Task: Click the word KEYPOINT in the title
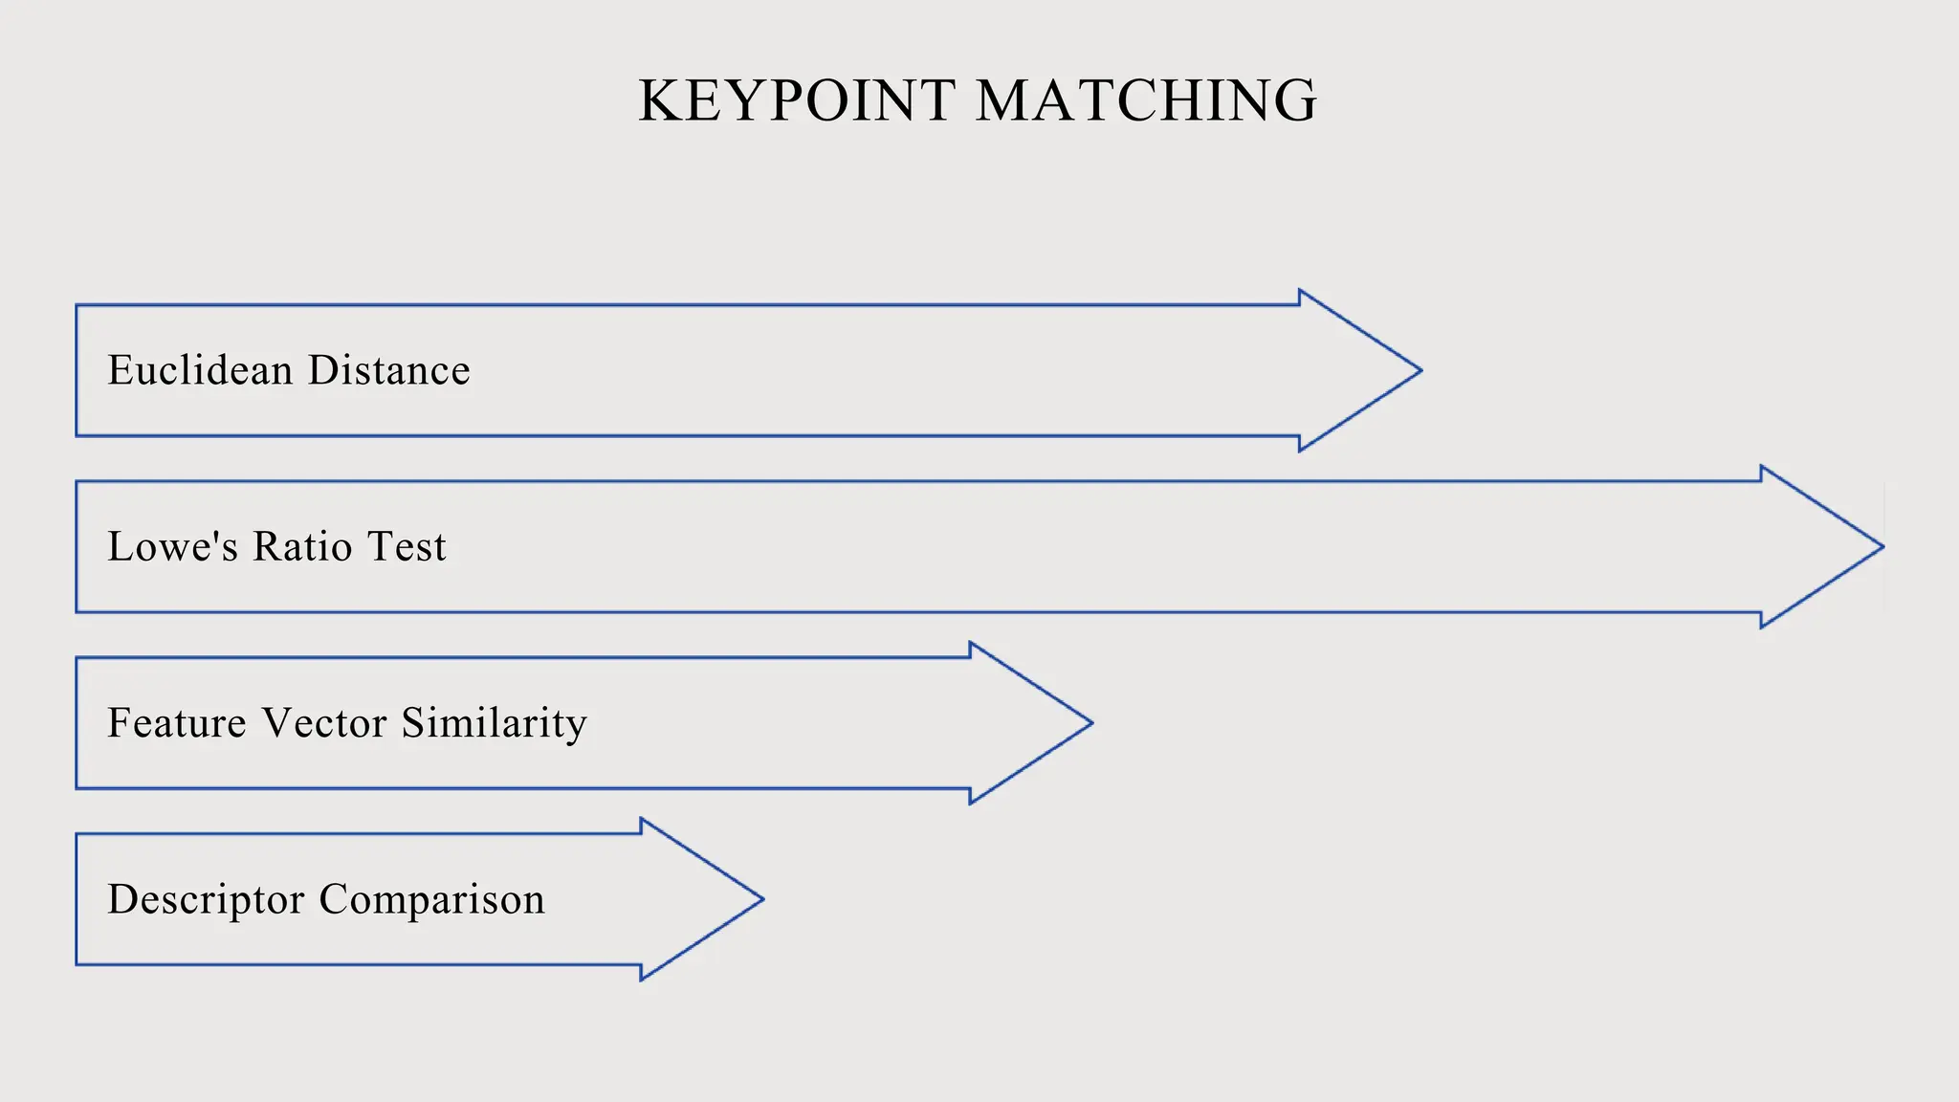(797, 100)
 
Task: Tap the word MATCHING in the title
(1146, 100)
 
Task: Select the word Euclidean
(200, 370)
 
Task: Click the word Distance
(389, 370)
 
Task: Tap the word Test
(407, 546)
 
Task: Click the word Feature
(177, 722)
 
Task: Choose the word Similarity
(494, 723)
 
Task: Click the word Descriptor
(206, 899)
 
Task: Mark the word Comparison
(431, 900)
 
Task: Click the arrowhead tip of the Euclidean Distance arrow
(1419, 370)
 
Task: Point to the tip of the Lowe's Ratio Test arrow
(1881, 547)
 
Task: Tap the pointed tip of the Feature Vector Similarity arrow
(1090, 723)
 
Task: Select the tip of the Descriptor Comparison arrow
(760, 899)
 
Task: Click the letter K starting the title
(658, 100)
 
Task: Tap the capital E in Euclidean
(120, 370)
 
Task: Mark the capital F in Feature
(119, 722)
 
